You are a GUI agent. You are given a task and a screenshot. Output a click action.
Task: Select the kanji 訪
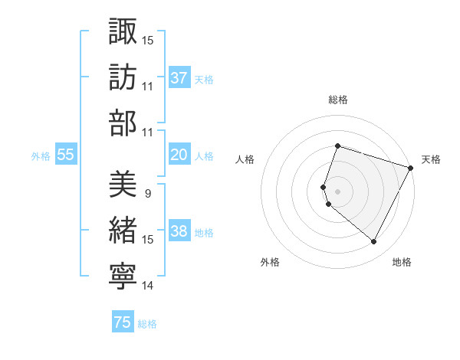[123, 77]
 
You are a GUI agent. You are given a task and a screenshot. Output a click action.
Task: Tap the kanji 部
[123, 123]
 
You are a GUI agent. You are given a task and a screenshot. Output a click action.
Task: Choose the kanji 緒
[123, 231]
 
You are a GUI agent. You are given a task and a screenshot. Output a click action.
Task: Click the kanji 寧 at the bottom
[123, 277]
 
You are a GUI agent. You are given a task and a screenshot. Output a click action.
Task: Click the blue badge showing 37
[179, 78]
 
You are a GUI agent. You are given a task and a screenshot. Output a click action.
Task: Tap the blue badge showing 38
[179, 232]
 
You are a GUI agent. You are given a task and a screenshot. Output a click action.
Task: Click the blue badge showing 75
[123, 323]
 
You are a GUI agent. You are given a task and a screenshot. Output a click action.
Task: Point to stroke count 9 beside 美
[147, 193]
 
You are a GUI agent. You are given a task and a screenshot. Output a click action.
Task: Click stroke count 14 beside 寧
[147, 286]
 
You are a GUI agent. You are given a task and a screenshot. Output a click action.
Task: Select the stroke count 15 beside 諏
[147, 39]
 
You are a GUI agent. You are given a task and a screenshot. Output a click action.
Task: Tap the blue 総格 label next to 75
[147, 324]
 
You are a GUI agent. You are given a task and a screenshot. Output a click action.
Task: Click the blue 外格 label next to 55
[41, 156]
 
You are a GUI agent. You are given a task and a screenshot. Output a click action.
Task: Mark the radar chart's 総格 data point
[337, 146]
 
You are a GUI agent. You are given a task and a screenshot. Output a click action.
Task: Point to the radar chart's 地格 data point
[374, 242]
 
